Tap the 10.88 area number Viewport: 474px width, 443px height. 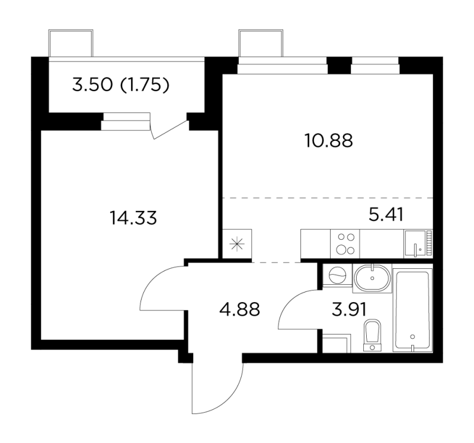tap(328, 141)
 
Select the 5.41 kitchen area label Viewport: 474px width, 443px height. tap(386, 214)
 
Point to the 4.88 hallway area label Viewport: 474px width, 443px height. tap(239, 309)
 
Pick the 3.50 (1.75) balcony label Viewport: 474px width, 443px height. tap(121, 86)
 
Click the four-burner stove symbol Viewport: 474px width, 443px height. tap(344, 243)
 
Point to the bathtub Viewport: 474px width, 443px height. tap(414, 311)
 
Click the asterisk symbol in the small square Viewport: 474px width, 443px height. tap(238, 243)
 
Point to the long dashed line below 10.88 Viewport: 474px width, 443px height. tap(328, 197)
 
